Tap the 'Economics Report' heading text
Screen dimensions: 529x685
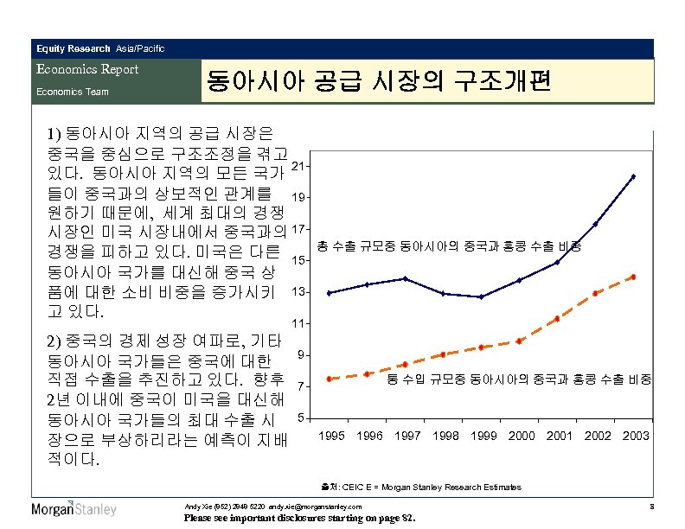[x=86, y=69]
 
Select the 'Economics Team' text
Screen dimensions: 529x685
[x=73, y=92]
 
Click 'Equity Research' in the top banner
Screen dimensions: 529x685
[x=73, y=48]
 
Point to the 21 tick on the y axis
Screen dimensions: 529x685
[x=298, y=166]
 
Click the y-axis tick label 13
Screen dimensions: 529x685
[x=298, y=292]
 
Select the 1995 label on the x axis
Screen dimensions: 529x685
[x=334, y=436]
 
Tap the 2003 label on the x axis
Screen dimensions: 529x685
[x=635, y=436]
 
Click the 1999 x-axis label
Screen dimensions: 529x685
[x=484, y=436]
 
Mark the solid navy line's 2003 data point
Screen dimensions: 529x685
[x=633, y=176]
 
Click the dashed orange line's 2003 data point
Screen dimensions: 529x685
[x=633, y=277]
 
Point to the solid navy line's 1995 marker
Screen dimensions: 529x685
[x=330, y=293]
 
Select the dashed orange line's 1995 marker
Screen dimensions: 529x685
[x=330, y=379]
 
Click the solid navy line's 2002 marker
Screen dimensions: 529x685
[x=596, y=224]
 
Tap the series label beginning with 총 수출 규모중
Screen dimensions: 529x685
[x=449, y=246]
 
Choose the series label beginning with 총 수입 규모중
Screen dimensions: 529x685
[x=519, y=379]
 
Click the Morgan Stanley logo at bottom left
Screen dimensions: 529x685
[x=74, y=508]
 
